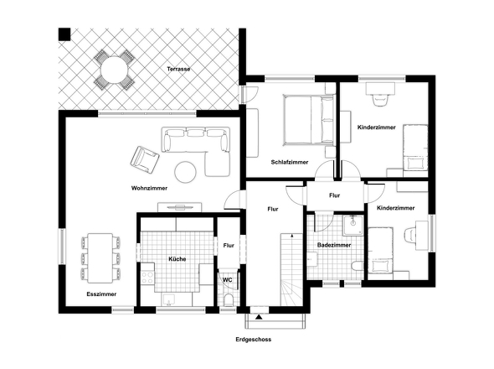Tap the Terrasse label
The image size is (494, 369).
pyautogui.click(x=178, y=68)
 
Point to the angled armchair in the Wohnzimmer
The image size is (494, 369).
pyautogui.click(x=143, y=158)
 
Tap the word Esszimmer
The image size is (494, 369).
pyautogui.click(x=101, y=294)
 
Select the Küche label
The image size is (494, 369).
pyautogui.click(x=176, y=259)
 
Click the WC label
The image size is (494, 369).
pyautogui.click(x=227, y=280)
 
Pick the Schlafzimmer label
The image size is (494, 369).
pyautogui.click(x=290, y=162)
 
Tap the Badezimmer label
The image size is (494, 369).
pyautogui.click(x=334, y=245)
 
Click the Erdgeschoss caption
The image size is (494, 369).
pyautogui.click(x=254, y=340)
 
